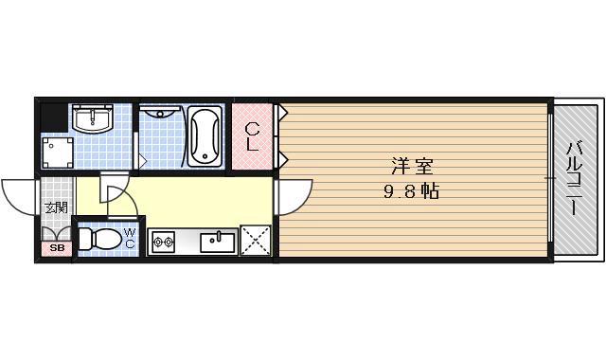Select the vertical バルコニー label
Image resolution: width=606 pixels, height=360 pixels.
[574, 179]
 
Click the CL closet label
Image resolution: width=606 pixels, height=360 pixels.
[252, 136]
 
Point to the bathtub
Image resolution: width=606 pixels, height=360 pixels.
[205, 137]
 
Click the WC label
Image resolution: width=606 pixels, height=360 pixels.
[130, 238]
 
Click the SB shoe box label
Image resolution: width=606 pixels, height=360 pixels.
[55, 249]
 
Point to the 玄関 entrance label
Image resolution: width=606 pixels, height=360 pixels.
[56, 207]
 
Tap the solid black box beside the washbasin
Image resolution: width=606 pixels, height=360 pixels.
[56, 117]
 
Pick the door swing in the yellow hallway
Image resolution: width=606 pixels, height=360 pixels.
[116, 196]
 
